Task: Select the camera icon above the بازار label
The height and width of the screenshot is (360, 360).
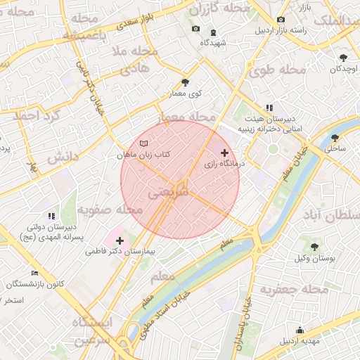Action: (281, 20)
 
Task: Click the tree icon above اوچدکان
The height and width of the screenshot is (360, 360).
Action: (343, 58)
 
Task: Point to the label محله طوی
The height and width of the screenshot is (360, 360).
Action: (278, 70)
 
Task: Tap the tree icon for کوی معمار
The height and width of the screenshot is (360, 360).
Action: (186, 82)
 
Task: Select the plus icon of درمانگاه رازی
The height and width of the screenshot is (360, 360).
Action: (224, 153)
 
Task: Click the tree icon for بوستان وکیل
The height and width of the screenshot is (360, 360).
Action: (314, 247)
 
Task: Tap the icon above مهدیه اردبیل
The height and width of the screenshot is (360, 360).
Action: (300, 330)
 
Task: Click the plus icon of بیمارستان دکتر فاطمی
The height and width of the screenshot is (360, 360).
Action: (120, 240)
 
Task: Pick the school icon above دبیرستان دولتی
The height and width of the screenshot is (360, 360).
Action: (51, 216)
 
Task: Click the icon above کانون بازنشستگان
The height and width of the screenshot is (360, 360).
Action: (35, 273)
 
